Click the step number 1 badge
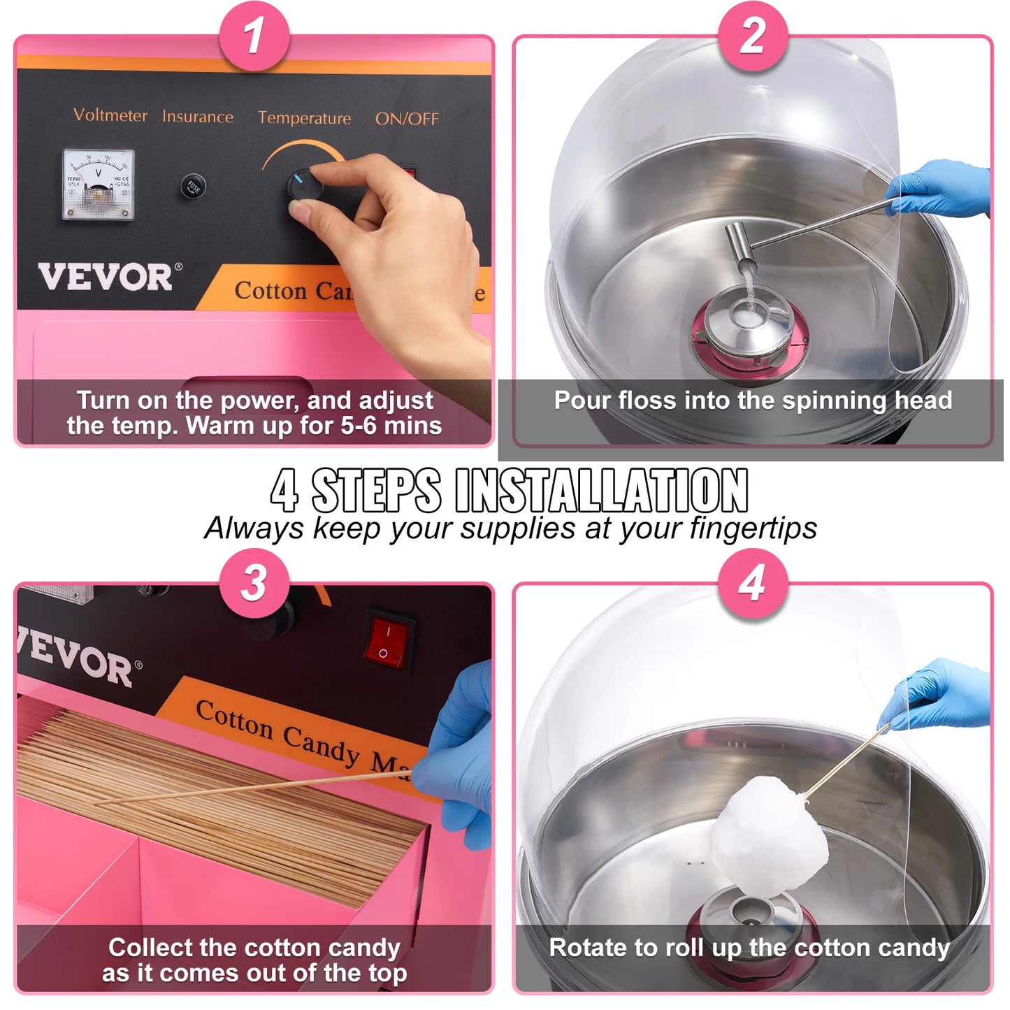tap(254, 35)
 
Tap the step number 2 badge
tap(753, 35)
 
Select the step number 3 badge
tap(254, 582)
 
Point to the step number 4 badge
tap(753, 582)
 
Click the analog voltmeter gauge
tap(98, 185)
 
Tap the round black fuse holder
tap(193, 187)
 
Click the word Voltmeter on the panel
tap(110, 115)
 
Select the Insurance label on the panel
tap(198, 117)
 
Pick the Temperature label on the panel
tap(304, 118)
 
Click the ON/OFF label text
tap(407, 119)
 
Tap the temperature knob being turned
tap(305, 187)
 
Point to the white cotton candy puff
tap(767, 835)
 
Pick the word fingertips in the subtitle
tap(753, 528)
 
